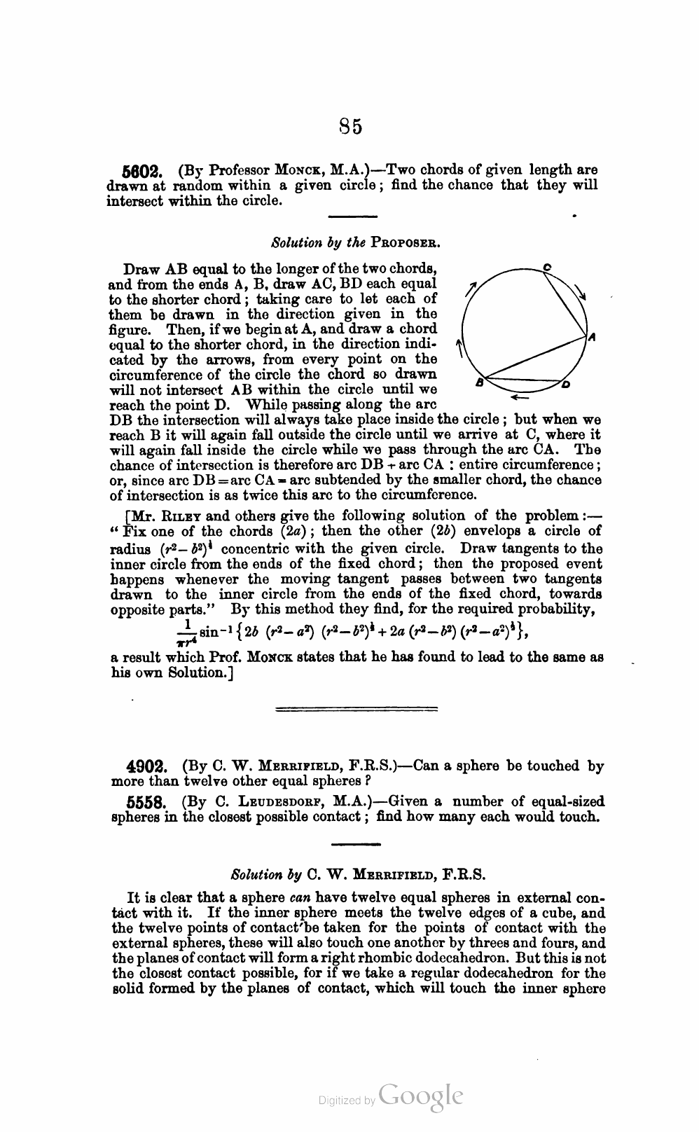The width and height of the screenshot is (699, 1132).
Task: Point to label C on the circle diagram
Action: pos(547,267)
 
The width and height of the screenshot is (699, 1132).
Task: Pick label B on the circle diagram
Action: pos(480,382)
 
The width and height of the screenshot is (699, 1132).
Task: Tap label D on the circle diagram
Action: pos(566,384)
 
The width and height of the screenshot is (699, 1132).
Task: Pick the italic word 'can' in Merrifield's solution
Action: pos(301,898)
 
